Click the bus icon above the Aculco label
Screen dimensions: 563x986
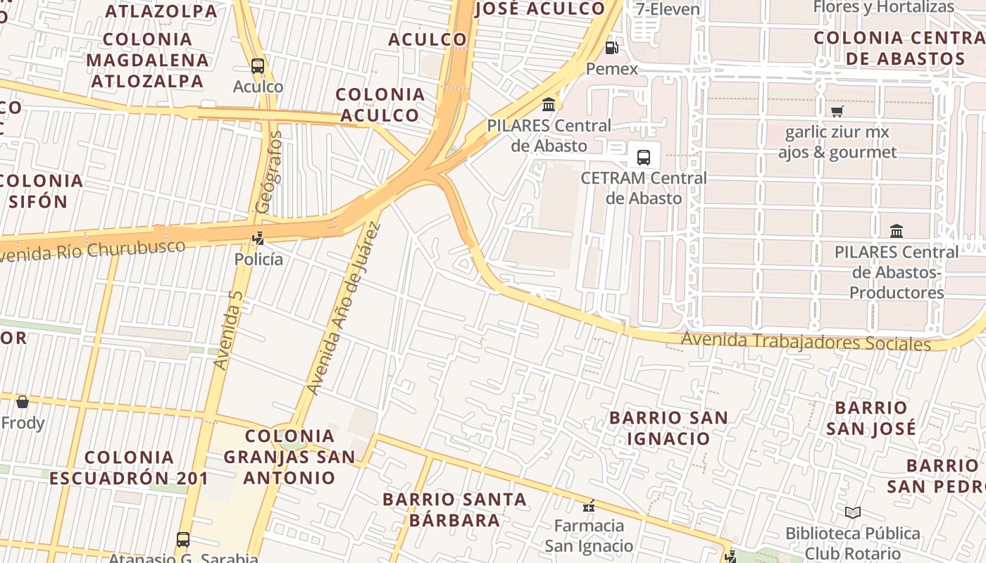258,66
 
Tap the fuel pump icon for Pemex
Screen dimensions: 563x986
612,48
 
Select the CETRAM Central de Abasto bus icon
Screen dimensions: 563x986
643,157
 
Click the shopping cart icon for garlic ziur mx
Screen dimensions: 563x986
837,111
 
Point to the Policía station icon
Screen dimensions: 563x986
258,238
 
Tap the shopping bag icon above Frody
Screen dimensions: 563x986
23,402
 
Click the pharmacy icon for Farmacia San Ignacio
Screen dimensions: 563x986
589,505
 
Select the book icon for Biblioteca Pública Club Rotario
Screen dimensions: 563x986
852,512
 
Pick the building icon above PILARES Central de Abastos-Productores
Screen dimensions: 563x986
897,231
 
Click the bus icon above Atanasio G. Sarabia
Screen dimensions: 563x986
183,540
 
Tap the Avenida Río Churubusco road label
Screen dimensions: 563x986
92,251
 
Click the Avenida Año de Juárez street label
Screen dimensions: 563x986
344,308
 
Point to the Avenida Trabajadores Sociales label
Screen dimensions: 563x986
805,342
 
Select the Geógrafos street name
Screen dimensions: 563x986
269,172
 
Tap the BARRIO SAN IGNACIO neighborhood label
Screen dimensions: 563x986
668,428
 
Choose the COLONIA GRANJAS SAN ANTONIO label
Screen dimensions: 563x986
289,456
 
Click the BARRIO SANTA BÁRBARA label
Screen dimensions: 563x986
454,510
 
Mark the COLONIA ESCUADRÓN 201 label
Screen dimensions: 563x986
129,467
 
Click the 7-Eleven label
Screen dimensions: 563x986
668,9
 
